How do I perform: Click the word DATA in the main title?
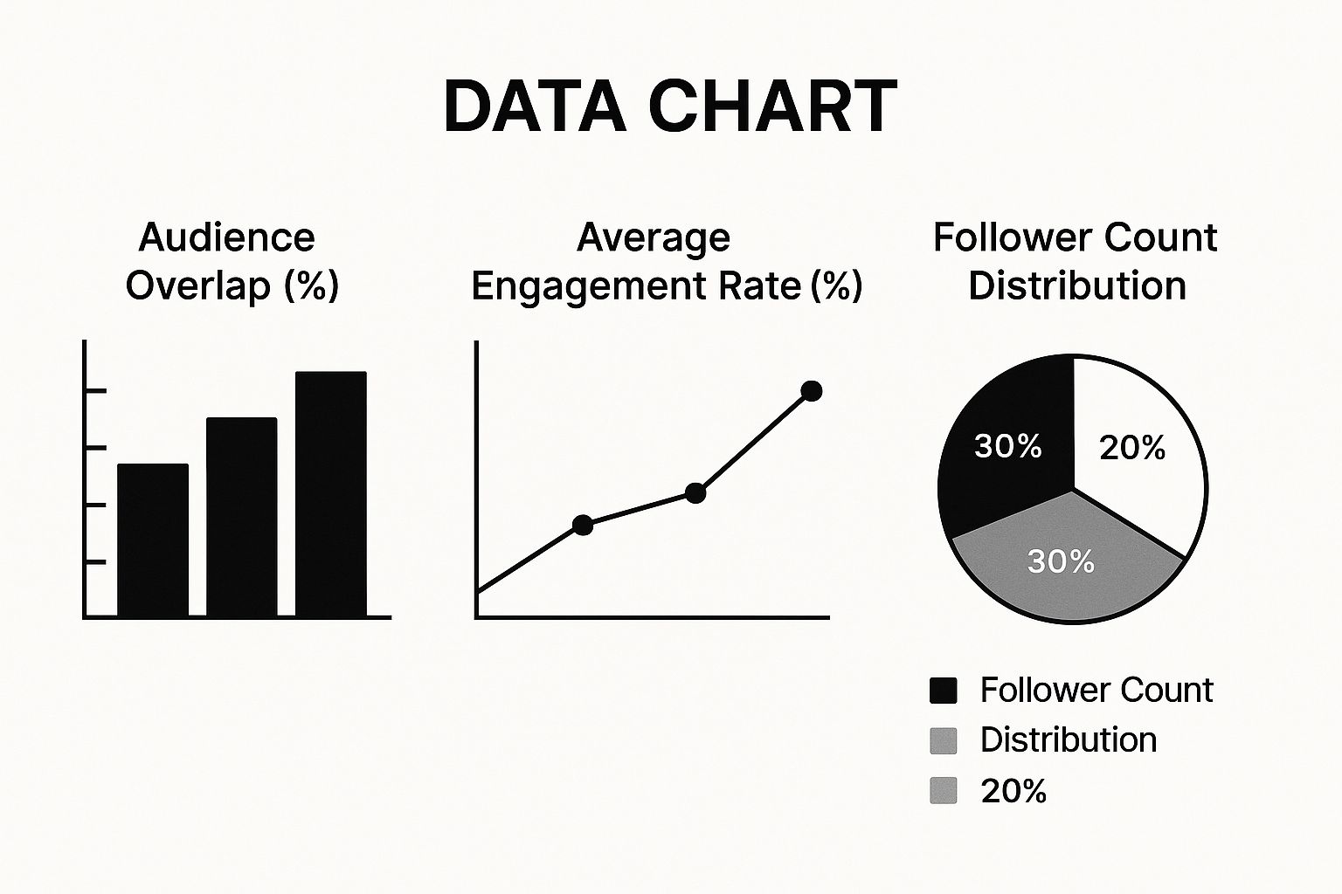(x=534, y=107)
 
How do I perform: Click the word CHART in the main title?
(x=772, y=107)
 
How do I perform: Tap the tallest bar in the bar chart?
(x=330, y=494)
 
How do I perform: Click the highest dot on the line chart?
(x=812, y=391)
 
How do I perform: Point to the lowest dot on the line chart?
(x=583, y=525)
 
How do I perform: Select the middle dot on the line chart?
(x=695, y=493)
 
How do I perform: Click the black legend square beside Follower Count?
(x=944, y=691)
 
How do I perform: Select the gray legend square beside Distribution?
(x=944, y=740)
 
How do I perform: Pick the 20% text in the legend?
(x=1013, y=791)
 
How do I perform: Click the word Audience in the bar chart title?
(x=226, y=237)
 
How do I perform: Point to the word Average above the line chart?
(x=654, y=237)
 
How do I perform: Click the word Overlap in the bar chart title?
(x=198, y=286)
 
